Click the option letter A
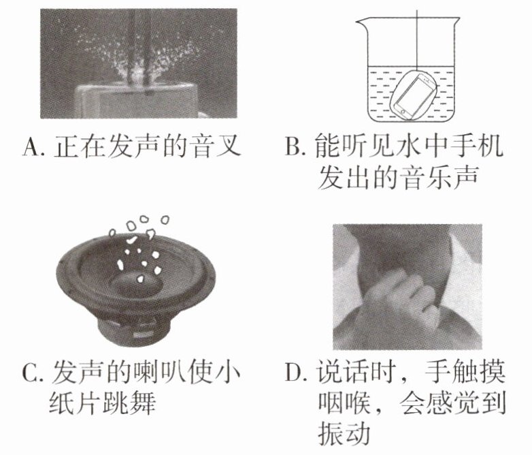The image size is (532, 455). tap(31, 147)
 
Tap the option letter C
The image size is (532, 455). tap(30, 373)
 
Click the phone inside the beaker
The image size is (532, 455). tap(414, 97)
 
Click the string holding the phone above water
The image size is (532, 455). tap(416, 40)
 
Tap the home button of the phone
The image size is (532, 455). tap(403, 111)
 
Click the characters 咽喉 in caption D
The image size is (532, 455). tap(344, 403)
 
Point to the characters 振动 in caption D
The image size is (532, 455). tap(344, 434)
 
